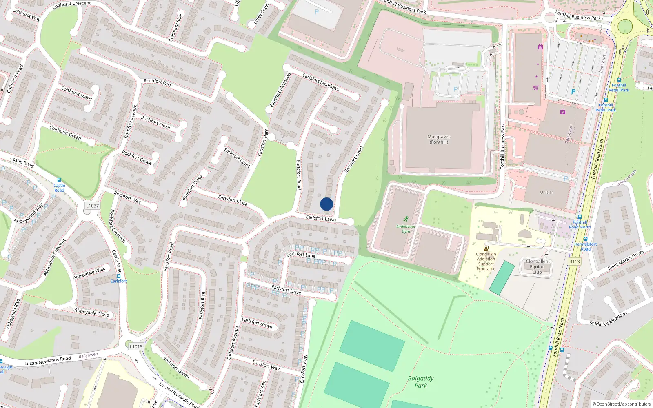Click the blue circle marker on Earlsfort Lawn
point(326,204)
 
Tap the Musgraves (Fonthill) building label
point(439,140)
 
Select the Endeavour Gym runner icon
point(406,219)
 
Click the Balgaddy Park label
point(421,382)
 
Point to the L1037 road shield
point(92,206)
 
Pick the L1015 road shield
point(136,346)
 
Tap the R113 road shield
point(574,262)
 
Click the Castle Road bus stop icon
point(59,180)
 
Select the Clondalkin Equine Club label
point(537,267)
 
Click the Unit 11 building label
point(547,192)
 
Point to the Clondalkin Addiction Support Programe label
point(486,261)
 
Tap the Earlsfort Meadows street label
point(321,82)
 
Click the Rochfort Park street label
point(158,83)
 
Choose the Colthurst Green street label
point(65,133)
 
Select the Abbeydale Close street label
point(92,312)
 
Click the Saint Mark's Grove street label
point(626,259)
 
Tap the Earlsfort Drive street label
point(286,290)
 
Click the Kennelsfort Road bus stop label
point(586,246)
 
